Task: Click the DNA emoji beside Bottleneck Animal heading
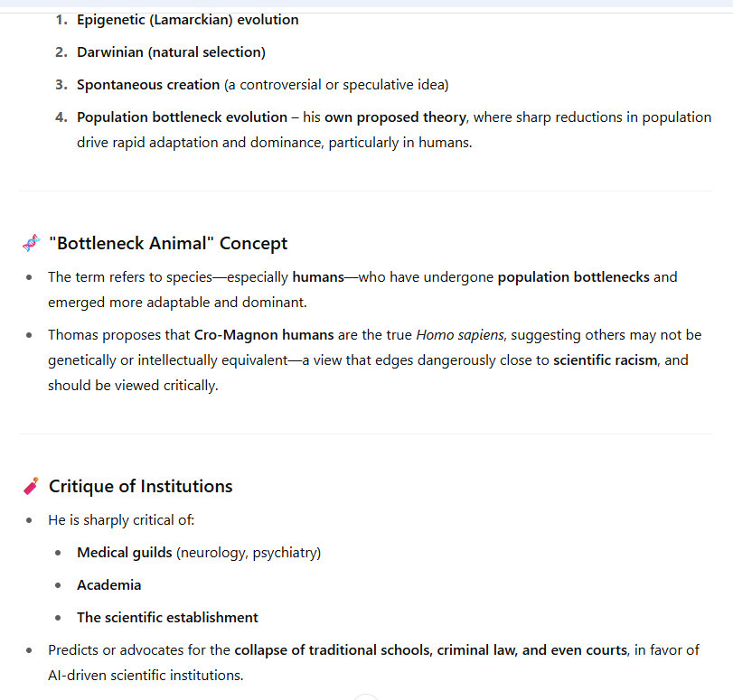31,243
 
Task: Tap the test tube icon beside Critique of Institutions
31,486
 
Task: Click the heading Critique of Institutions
140,486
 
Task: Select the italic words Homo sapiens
453,335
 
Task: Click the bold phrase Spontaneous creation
148,85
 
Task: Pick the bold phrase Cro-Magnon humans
258,335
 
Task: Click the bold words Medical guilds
124,553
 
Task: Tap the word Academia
109,585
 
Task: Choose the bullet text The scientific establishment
167,618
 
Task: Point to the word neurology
211,553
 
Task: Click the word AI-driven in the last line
78,676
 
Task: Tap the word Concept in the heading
254,243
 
